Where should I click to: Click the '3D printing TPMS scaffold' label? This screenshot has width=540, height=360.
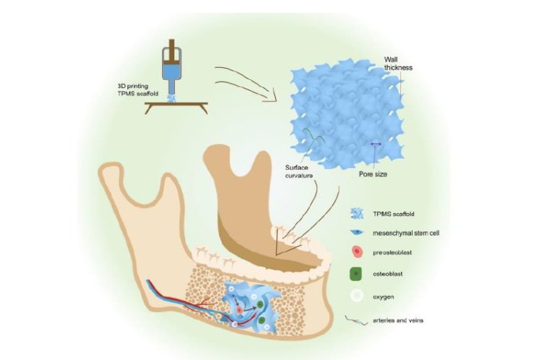point(138,89)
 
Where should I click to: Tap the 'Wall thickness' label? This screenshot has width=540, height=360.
point(398,64)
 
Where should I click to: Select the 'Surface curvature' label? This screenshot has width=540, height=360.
point(299,171)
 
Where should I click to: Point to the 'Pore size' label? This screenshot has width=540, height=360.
point(373,174)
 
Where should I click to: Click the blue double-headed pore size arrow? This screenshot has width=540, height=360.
point(376,144)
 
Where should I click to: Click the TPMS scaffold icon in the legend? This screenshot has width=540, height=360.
point(357,214)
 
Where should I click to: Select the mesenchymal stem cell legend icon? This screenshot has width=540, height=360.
point(356,232)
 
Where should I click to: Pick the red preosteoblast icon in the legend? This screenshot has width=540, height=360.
point(358,252)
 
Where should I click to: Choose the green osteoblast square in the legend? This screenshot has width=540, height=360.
point(356,274)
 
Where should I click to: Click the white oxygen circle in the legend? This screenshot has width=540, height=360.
point(357,296)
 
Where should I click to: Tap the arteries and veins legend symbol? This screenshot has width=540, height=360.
point(356,320)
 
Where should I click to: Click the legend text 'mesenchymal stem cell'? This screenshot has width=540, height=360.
point(406,233)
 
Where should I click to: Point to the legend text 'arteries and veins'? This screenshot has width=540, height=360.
point(398,320)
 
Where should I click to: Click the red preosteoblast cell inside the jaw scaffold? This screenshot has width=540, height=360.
point(240,311)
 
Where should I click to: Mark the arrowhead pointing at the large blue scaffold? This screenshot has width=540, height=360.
point(271,96)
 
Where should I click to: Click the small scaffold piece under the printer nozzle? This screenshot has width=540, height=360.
point(172,99)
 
